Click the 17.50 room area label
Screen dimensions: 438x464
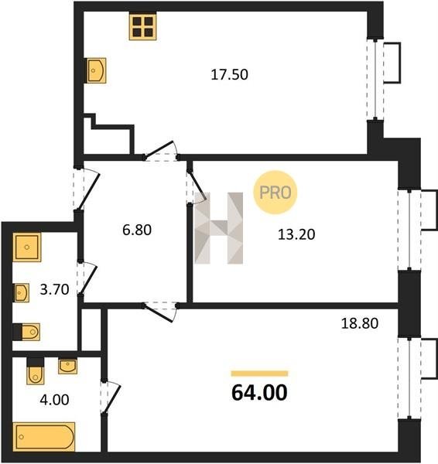pos(229,74)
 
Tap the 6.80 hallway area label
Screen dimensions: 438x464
pos(137,230)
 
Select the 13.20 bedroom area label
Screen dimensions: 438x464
pos(296,234)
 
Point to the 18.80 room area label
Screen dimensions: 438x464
pos(360,323)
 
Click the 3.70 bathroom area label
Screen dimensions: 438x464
pos(54,289)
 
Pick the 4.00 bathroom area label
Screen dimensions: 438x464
pos(54,400)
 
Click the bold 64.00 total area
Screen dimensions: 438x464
pos(259,393)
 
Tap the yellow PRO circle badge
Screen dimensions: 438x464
pos(275,193)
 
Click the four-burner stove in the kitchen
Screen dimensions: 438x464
pos(142,26)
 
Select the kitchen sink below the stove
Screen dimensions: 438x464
pos(96,70)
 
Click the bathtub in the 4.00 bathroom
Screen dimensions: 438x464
pos(44,437)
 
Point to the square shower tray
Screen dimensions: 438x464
pos(27,247)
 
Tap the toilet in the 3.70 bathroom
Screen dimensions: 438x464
pos(26,332)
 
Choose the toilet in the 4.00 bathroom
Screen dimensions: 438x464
pos(36,371)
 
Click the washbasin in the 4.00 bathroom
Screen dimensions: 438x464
pos(68,367)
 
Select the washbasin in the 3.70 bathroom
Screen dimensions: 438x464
pos(22,293)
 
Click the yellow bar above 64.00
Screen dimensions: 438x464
pos(259,374)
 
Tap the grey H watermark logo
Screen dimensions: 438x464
pos(218,228)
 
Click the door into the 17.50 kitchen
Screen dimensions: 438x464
pos(161,151)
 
